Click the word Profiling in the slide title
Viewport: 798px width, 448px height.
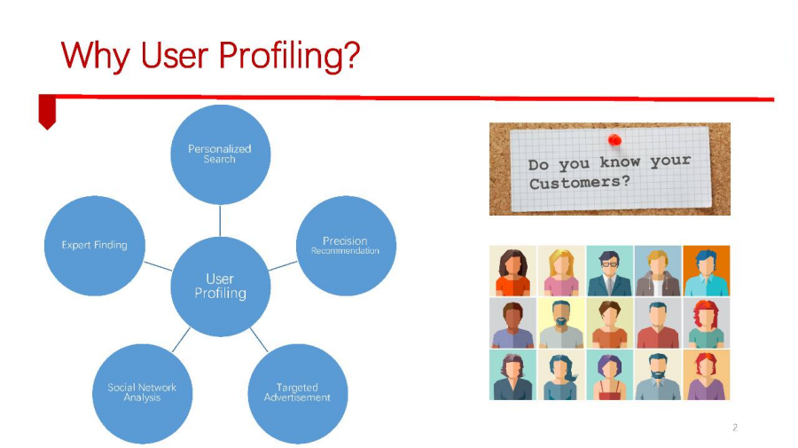[x=289, y=56]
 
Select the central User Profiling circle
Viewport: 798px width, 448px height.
[x=221, y=287]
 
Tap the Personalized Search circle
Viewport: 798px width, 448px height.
[x=221, y=154]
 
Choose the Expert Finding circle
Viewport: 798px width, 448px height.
[x=95, y=246]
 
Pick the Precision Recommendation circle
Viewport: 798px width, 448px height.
[x=346, y=246]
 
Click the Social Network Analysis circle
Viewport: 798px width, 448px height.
[x=143, y=394]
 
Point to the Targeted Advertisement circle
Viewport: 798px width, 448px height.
[x=298, y=394]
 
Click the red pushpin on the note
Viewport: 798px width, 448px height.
[x=614, y=139]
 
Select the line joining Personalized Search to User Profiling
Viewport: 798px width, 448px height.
[x=220, y=220]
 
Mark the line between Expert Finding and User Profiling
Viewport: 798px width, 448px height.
[x=158, y=266]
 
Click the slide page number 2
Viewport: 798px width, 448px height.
[x=735, y=428]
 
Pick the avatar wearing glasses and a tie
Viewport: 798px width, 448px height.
[x=610, y=271]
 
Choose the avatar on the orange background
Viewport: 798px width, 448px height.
[x=707, y=271]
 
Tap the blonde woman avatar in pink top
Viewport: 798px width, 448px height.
[x=561, y=271]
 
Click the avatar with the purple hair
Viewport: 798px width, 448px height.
[x=610, y=374]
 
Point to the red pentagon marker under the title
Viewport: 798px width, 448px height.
[x=47, y=112]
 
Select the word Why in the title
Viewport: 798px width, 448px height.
[x=95, y=56]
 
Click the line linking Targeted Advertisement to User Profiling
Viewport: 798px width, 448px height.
[x=259, y=340]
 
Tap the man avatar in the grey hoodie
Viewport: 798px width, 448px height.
[x=658, y=271]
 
